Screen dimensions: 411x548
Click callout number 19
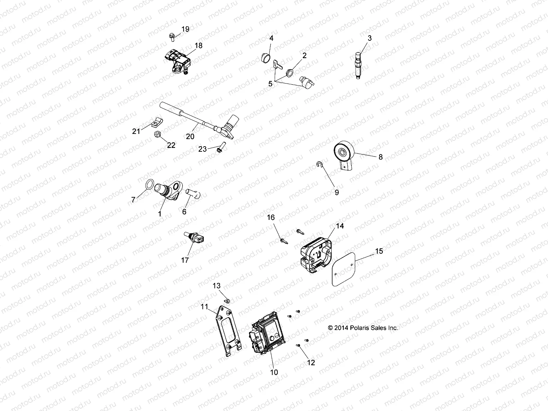[x=185, y=29]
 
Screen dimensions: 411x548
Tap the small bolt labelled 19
[x=172, y=35]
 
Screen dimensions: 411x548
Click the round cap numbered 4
[x=266, y=59]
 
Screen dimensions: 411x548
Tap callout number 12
[x=311, y=363]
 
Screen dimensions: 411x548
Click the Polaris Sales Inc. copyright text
[x=363, y=328]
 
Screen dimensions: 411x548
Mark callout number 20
[x=190, y=136]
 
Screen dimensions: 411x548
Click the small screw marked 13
[x=227, y=300]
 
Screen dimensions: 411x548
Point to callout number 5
[x=271, y=84]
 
